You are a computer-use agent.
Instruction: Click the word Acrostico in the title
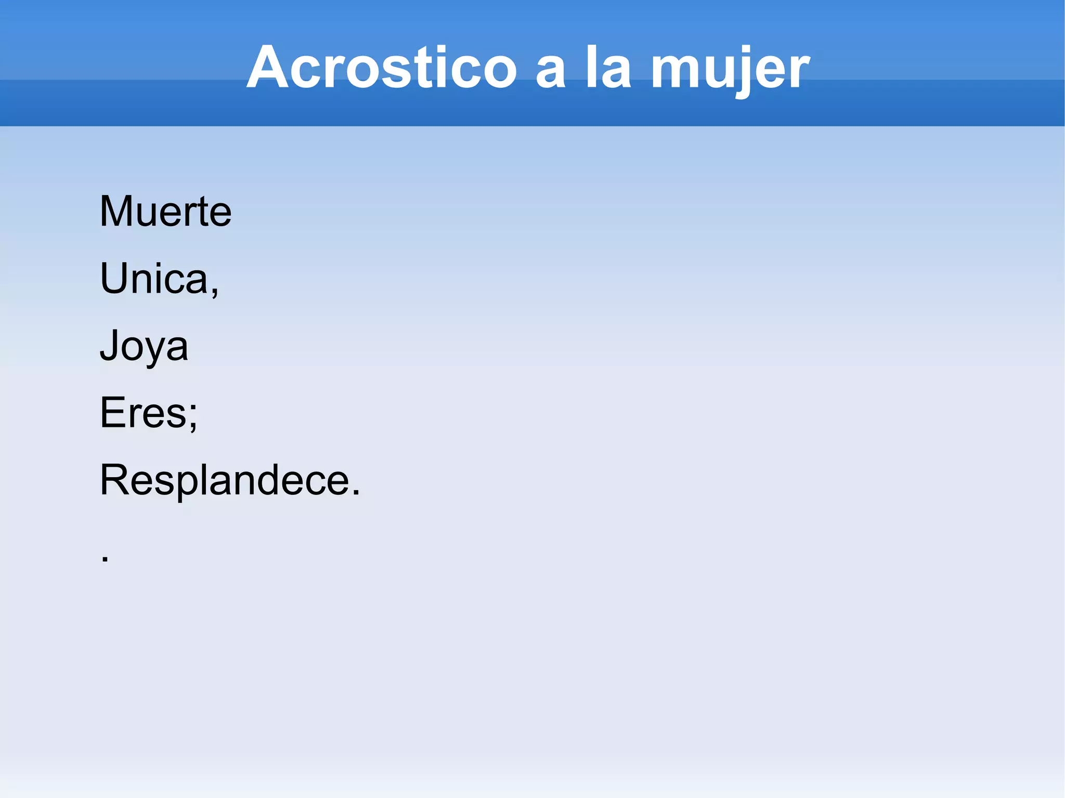click(381, 68)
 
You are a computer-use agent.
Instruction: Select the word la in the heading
click(608, 68)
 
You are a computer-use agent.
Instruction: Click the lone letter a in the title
click(550, 73)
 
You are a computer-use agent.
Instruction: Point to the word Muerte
click(165, 212)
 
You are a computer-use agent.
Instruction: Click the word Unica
click(154, 279)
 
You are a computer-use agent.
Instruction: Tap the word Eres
click(144, 413)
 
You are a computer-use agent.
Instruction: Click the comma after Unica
click(214, 291)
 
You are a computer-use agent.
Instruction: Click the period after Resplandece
click(356, 492)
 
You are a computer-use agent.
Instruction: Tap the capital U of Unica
click(113, 279)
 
